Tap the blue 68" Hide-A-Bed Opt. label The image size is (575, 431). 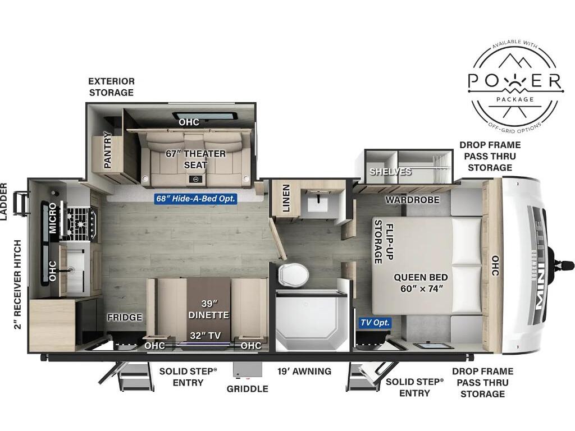click(x=195, y=199)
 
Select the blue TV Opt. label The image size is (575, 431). click(x=375, y=323)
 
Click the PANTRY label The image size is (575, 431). click(x=107, y=150)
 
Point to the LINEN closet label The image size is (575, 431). click(x=286, y=198)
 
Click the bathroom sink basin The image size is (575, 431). click(x=318, y=203)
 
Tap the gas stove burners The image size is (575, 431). click(x=81, y=224)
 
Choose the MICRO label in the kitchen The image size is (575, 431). click(x=53, y=218)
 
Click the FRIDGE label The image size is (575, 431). click(x=125, y=317)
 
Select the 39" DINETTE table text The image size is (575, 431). click(x=209, y=309)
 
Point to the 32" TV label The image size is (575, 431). click(x=206, y=336)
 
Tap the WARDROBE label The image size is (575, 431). click(x=412, y=200)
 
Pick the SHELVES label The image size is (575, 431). click(x=390, y=172)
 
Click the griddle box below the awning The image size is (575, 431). click(x=248, y=369)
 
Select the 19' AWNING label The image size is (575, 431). click(x=304, y=372)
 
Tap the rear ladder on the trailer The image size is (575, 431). click(x=21, y=203)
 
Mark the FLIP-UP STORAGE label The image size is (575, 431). click(x=383, y=241)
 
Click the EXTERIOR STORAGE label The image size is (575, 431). click(x=112, y=87)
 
